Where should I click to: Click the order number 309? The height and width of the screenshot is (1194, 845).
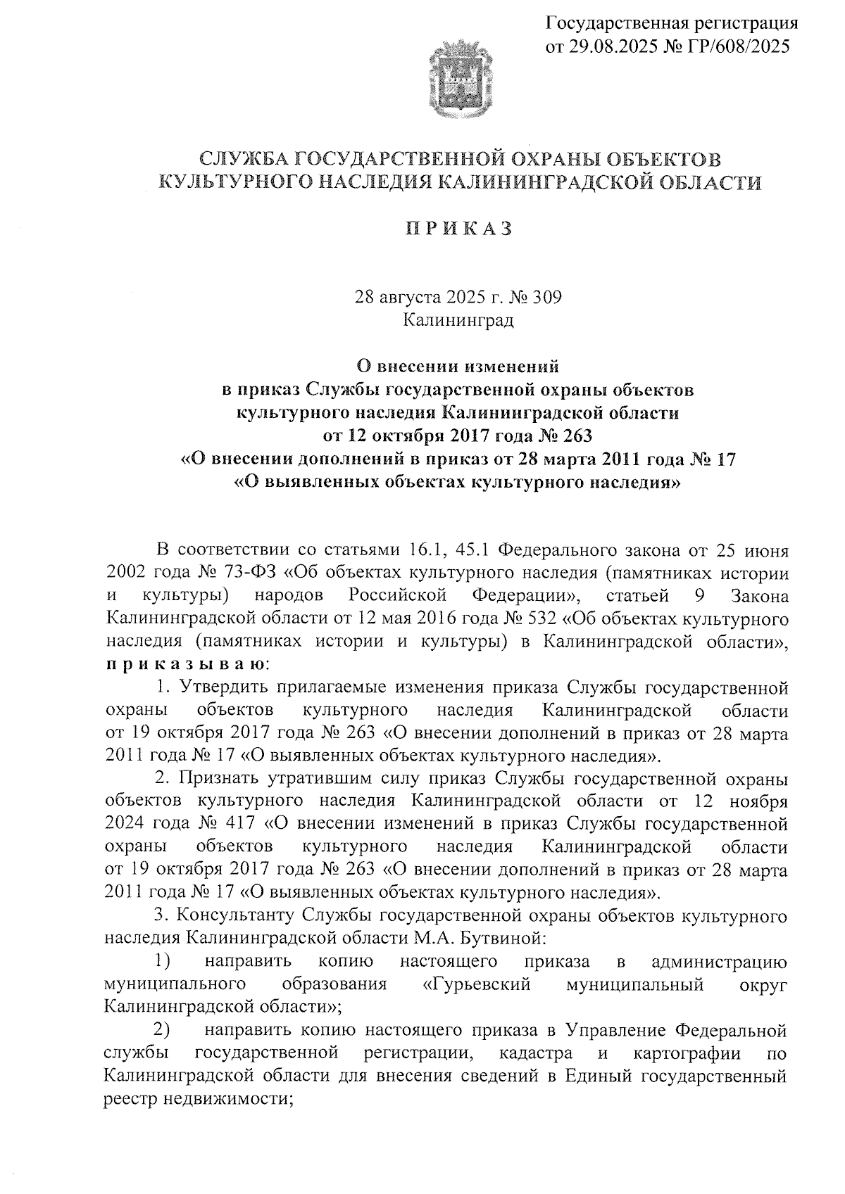[x=547, y=297]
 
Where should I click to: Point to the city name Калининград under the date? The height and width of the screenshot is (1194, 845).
[x=458, y=320]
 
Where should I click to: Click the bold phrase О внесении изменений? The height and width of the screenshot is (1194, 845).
[x=458, y=367]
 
